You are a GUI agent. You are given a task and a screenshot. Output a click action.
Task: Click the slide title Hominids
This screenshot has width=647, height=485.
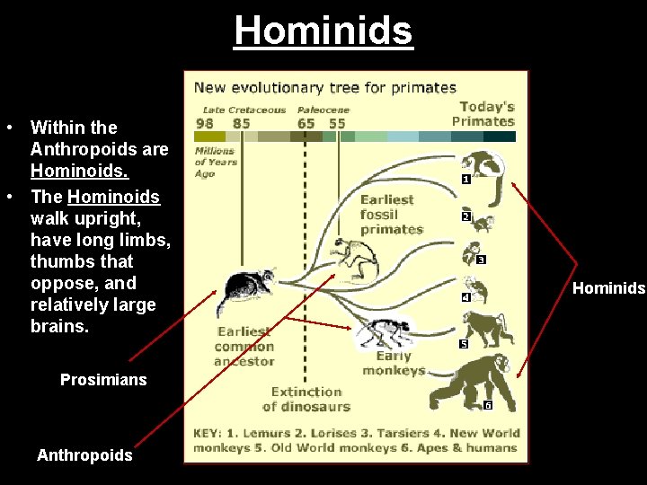(x=323, y=31)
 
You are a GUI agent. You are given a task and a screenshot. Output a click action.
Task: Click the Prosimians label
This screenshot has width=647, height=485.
(x=103, y=380)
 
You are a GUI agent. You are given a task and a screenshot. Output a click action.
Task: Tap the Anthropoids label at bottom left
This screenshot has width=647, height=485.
(x=84, y=455)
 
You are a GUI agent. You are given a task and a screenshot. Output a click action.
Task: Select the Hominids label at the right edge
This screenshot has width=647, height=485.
(x=609, y=288)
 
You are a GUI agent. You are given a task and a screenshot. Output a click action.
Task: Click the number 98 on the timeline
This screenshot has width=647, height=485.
(x=204, y=123)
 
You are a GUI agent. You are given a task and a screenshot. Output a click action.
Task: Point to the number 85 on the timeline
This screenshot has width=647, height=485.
(x=241, y=123)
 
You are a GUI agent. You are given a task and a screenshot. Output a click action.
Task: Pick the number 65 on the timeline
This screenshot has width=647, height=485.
(x=306, y=123)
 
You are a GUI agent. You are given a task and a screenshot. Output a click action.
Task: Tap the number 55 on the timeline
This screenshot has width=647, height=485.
(x=337, y=123)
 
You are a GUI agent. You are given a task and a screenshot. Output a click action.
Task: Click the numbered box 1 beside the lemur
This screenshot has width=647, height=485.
(x=465, y=180)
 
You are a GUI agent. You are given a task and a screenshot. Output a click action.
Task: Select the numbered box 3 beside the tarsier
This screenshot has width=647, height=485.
(x=482, y=260)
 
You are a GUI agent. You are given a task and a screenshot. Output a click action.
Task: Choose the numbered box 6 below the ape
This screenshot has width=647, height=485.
(x=488, y=405)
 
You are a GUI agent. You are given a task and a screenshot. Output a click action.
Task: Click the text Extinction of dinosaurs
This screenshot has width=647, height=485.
(x=306, y=399)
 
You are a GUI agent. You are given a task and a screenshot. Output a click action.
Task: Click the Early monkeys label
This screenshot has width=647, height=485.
(x=394, y=364)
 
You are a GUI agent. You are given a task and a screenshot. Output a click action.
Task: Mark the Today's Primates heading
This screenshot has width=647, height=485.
(x=483, y=114)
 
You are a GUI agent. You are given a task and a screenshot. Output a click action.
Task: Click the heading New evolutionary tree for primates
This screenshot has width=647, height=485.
(x=325, y=88)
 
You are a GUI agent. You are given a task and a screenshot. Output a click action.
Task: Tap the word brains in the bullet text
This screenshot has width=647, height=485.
(x=59, y=326)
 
